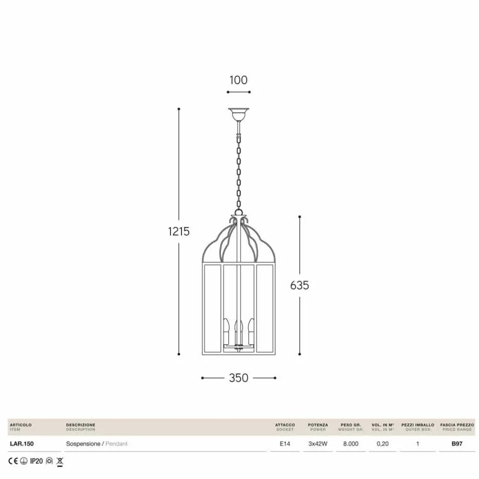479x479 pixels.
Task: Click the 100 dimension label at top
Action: click(x=238, y=80)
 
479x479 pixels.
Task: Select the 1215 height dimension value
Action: click(x=179, y=231)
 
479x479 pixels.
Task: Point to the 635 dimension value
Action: click(x=300, y=285)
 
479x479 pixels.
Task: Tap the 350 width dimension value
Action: click(x=238, y=378)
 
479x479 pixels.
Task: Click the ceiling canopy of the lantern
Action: click(x=238, y=114)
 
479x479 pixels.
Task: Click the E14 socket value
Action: click(x=285, y=444)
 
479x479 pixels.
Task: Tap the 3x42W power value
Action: click(x=318, y=444)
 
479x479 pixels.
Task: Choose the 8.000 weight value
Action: click(x=350, y=444)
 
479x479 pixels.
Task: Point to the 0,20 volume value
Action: click(x=383, y=444)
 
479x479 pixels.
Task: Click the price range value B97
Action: click(x=457, y=444)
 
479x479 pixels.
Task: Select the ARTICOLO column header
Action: click(x=21, y=425)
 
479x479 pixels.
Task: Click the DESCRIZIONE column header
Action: click(x=81, y=425)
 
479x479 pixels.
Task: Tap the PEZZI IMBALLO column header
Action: click(x=417, y=425)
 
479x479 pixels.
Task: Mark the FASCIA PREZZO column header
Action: click(x=457, y=425)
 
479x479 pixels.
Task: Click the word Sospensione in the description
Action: click(x=83, y=444)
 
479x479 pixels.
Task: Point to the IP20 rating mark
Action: click(x=36, y=461)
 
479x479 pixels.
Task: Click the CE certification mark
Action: click(x=13, y=461)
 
